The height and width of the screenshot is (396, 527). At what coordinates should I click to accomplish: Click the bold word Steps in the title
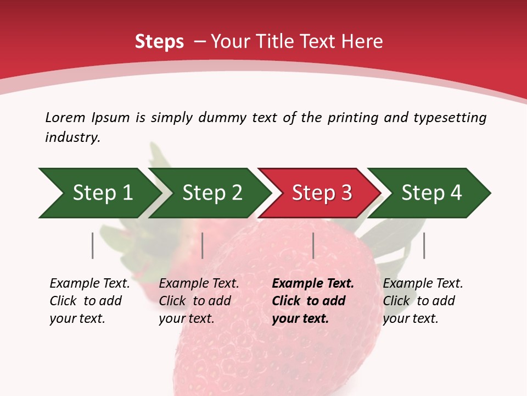click(x=159, y=42)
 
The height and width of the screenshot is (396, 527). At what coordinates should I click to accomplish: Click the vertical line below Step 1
click(x=93, y=245)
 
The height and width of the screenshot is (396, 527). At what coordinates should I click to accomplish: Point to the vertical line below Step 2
click(x=203, y=245)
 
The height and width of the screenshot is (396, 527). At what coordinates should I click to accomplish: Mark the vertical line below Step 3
click(x=313, y=245)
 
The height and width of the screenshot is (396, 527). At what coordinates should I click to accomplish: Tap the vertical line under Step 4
click(x=424, y=245)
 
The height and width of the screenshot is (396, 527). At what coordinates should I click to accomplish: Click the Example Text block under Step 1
click(x=89, y=301)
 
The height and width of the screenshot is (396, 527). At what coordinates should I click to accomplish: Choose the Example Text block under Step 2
click(x=199, y=301)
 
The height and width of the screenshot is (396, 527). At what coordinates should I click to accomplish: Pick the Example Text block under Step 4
click(x=423, y=301)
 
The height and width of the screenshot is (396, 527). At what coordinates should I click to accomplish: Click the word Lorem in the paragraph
click(x=65, y=117)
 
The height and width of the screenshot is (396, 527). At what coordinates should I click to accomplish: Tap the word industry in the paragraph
click(x=72, y=137)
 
